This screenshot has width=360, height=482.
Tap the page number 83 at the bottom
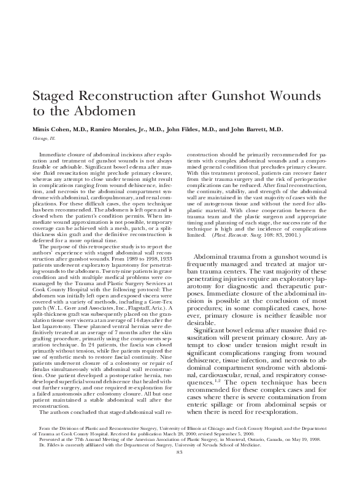[x=180, y=469]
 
